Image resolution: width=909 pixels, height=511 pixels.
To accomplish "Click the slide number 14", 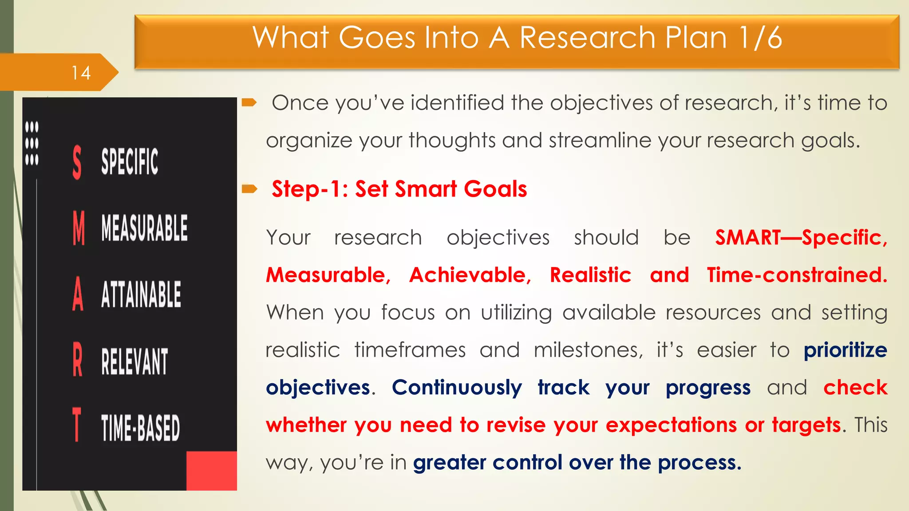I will point(81,73).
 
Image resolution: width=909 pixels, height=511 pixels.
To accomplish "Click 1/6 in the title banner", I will point(760,37).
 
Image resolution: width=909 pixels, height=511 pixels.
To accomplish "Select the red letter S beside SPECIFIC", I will point(77,162).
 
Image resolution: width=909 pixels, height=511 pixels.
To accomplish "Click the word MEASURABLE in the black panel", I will point(144,228).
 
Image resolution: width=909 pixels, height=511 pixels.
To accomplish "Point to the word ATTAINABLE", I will point(141,294).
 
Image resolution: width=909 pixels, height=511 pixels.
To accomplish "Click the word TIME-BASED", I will point(140,428).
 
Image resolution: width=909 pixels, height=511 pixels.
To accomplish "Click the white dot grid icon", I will point(32,143).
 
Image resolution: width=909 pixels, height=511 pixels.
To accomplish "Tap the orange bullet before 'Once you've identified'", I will point(249,103).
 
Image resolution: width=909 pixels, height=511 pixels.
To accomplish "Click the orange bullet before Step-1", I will point(249,189).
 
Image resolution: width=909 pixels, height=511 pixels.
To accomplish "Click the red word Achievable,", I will point(470,275).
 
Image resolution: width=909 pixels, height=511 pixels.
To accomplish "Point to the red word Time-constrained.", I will point(797,275).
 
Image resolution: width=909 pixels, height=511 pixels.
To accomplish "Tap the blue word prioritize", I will point(845,350).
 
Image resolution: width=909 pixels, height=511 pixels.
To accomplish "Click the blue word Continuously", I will point(457,388).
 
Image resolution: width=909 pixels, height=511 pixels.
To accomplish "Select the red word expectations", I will point(671,425).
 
